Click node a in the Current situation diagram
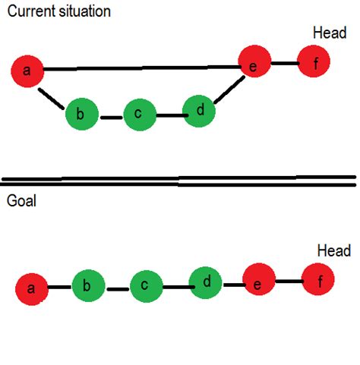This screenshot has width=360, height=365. coord(28,71)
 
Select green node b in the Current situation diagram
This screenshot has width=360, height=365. coord(81,115)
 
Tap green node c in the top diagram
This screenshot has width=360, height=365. coord(139,115)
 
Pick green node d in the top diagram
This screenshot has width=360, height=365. coord(200,111)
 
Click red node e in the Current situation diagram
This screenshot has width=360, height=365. coord(254,64)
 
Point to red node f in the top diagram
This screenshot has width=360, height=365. coord(314,61)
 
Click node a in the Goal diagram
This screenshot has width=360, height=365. coord(32,288)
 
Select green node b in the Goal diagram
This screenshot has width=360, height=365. coord(87,286)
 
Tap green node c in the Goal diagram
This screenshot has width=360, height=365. coord(145,287)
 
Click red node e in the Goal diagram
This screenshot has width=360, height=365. coord(258,285)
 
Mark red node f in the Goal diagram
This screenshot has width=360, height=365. coord(318,280)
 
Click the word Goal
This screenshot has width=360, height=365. coord(21,203)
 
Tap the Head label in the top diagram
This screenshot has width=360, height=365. coord(330,33)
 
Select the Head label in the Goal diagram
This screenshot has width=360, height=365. coord(333,251)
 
